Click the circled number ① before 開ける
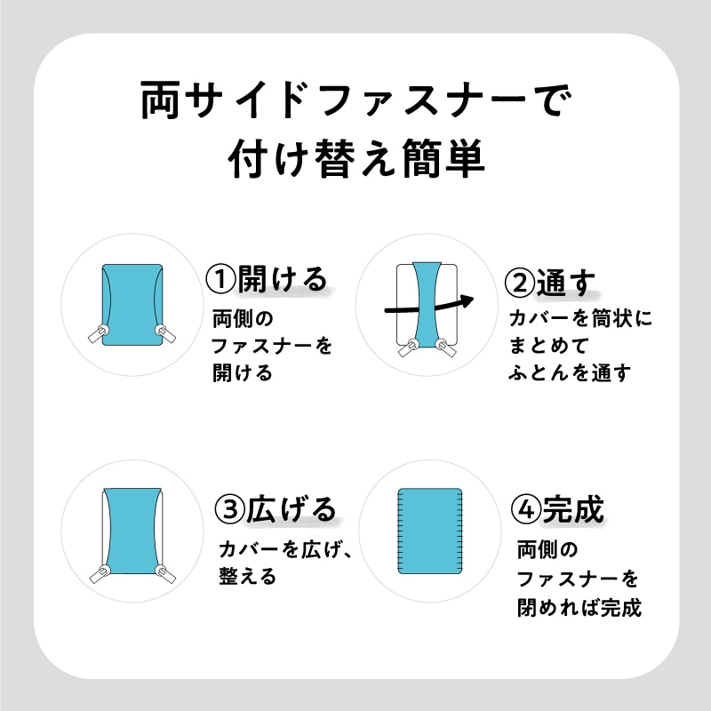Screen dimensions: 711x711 pyautogui.click(x=220, y=279)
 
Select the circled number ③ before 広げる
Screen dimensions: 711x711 pyautogui.click(x=230, y=508)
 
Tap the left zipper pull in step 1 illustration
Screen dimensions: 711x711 pyautogui.click(x=98, y=334)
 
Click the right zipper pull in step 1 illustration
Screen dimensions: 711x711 pyautogui.click(x=166, y=334)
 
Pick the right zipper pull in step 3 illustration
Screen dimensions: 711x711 pyautogui.click(x=165, y=574)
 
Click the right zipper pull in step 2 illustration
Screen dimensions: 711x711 pyautogui.click(x=446, y=348)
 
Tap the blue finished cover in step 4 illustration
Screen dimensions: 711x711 pyautogui.click(x=430, y=531)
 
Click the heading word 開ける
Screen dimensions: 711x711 pyautogui.click(x=283, y=279)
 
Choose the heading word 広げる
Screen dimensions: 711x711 pyautogui.click(x=292, y=508)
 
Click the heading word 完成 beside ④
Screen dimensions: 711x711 pyautogui.click(x=573, y=509)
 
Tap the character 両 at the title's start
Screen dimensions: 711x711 pyautogui.click(x=160, y=100)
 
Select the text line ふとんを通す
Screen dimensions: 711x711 pyautogui.click(x=570, y=372)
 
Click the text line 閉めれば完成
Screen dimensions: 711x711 pyautogui.click(x=579, y=607)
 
